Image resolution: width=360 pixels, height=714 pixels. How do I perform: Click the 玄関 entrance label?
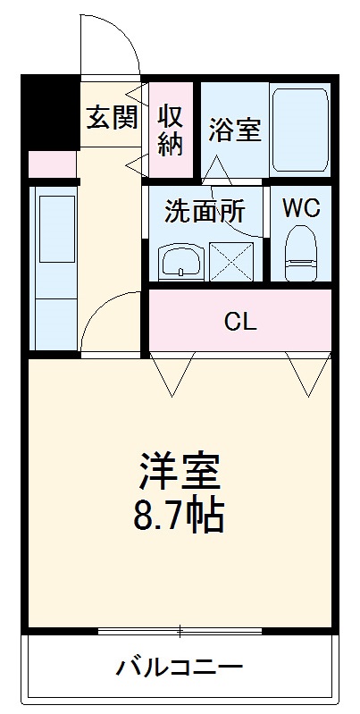112,119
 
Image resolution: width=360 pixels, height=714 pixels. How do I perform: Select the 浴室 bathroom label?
235,130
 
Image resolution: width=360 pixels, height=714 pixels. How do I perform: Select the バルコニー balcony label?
180,668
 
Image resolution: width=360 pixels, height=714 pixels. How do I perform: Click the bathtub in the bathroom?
300,130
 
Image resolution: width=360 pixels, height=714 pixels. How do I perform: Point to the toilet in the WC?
301,254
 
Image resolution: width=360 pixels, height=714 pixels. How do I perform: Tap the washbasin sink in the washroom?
183,261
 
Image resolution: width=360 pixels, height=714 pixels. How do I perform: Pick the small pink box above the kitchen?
52,164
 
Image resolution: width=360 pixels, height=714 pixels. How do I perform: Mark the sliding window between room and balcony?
180,633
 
